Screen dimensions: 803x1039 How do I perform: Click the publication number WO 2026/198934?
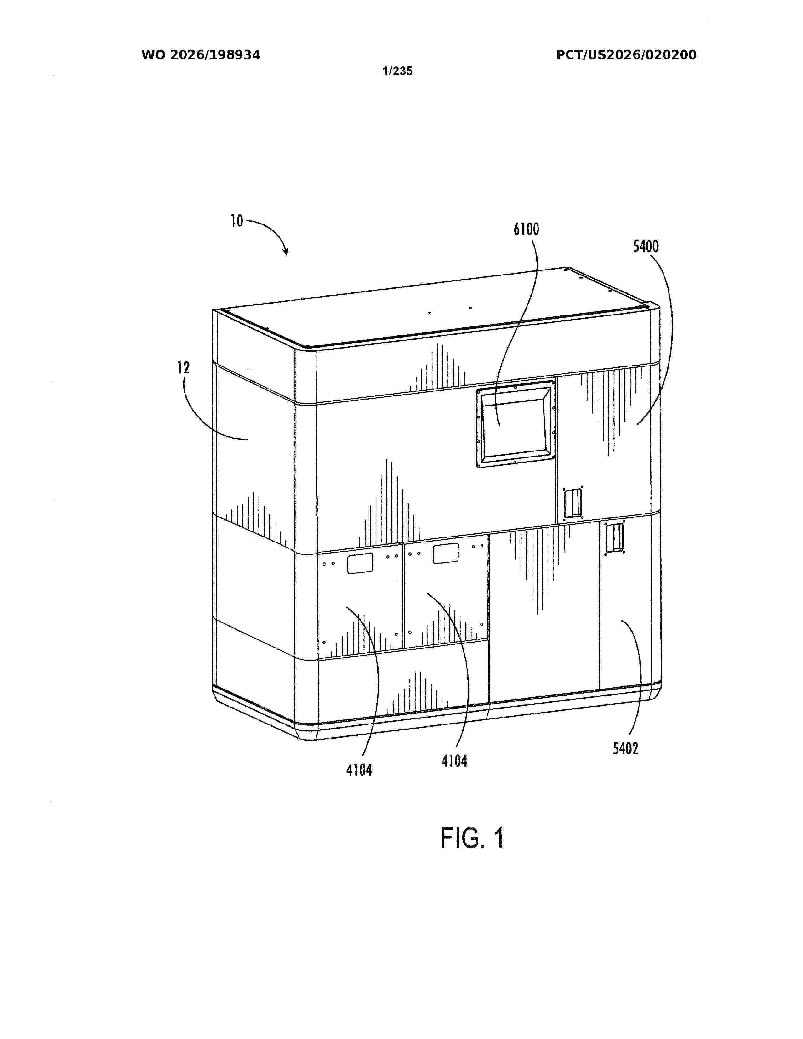(201, 55)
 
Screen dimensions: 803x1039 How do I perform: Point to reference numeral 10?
(237, 221)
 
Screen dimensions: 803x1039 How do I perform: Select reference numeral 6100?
(526, 229)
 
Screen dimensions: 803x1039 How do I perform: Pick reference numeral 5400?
(646, 247)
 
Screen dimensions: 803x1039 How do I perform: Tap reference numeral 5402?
(625, 749)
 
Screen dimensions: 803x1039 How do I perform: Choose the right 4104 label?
(454, 761)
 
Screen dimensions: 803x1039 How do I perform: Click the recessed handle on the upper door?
(573, 503)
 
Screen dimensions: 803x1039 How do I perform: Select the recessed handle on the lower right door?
(614, 538)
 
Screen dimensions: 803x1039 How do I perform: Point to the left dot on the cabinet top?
(429, 313)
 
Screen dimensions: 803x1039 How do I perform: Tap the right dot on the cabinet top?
(470, 308)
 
